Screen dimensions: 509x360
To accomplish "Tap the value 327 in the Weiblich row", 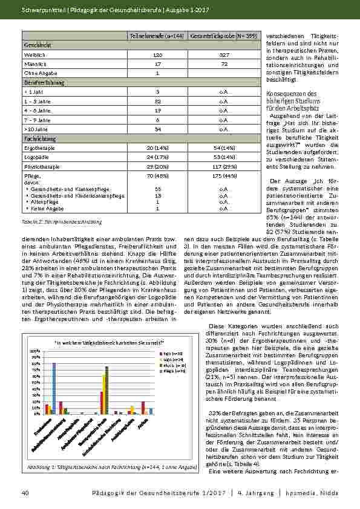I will (x=223, y=54).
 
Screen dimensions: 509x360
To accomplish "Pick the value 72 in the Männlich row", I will (x=223, y=63).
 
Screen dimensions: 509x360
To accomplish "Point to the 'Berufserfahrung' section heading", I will (x=44, y=82).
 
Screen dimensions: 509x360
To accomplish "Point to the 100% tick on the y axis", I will (x=34, y=351).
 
